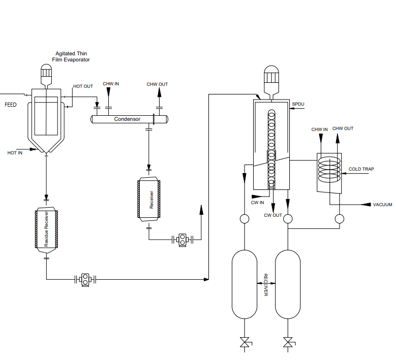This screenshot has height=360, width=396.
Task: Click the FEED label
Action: (x=11, y=105)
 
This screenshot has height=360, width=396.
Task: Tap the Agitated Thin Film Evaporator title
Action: (x=71, y=56)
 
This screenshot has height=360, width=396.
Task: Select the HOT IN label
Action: (x=15, y=153)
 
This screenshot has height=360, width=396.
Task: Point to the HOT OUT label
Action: (x=83, y=86)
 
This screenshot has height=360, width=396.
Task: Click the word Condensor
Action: (x=127, y=119)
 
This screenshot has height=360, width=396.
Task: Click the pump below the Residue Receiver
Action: (x=85, y=280)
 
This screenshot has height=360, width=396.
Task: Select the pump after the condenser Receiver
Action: (x=182, y=240)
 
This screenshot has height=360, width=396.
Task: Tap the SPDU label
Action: (x=298, y=104)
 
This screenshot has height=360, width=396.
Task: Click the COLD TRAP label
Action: (x=361, y=169)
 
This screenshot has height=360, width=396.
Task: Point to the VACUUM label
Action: (x=383, y=205)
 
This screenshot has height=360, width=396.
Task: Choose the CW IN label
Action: (x=257, y=203)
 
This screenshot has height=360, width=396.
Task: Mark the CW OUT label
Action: (x=273, y=215)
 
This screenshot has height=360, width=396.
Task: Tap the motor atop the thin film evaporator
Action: (x=46, y=75)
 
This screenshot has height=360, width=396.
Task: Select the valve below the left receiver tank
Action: (x=245, y=342)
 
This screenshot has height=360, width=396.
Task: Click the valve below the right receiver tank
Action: (x=288, y=342)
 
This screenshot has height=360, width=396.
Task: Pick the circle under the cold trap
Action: (x=340, y=219)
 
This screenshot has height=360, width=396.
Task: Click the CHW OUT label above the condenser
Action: (x=157, y=84)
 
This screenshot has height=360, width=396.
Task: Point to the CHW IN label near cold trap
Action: (x=319, y=129)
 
